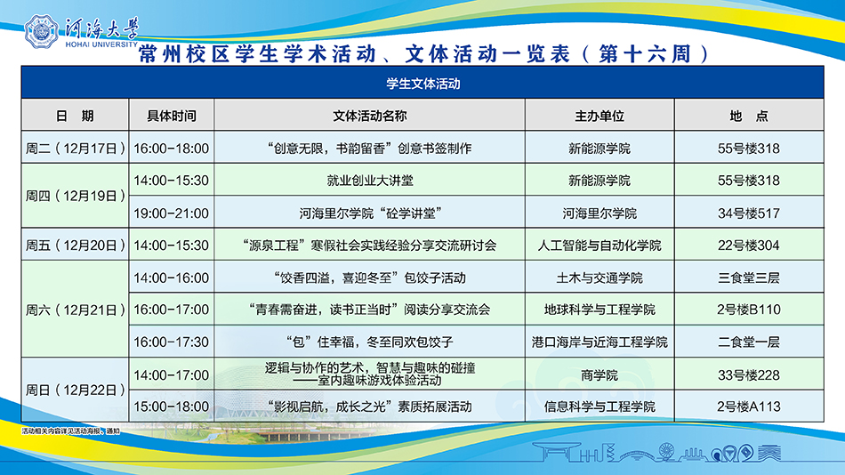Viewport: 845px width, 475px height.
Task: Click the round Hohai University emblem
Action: [41, 32]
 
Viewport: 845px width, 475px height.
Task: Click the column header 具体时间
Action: [172, 116]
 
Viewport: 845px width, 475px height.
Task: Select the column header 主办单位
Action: [600, 116]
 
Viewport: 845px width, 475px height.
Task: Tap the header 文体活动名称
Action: [370, 116]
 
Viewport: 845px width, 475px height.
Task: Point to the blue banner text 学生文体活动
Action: [423, 84]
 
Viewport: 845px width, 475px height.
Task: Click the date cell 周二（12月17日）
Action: [76, 149]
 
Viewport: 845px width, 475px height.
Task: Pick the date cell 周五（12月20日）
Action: [76, 246]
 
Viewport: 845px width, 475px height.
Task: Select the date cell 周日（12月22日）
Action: [76, 390]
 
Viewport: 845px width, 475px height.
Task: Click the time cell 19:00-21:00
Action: [172, 213]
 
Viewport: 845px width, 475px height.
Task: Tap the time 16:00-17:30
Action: [172, 342]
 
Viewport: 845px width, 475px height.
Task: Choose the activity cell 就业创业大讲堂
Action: [370, 181]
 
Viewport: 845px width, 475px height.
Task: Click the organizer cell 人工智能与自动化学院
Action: [600, 246]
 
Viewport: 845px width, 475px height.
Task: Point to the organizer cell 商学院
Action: [600, 375]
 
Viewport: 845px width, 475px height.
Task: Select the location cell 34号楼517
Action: [749, 213]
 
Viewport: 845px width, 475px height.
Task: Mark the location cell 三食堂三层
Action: [749, 278]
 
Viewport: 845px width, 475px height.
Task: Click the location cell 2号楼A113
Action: [749, 407]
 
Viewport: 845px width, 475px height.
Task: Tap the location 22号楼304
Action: [749, 246]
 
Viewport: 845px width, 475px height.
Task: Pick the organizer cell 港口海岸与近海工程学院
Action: [600, 342]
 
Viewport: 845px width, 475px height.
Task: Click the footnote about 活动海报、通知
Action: [70, 431]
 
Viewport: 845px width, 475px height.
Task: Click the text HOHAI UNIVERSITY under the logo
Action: [101, 44]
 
